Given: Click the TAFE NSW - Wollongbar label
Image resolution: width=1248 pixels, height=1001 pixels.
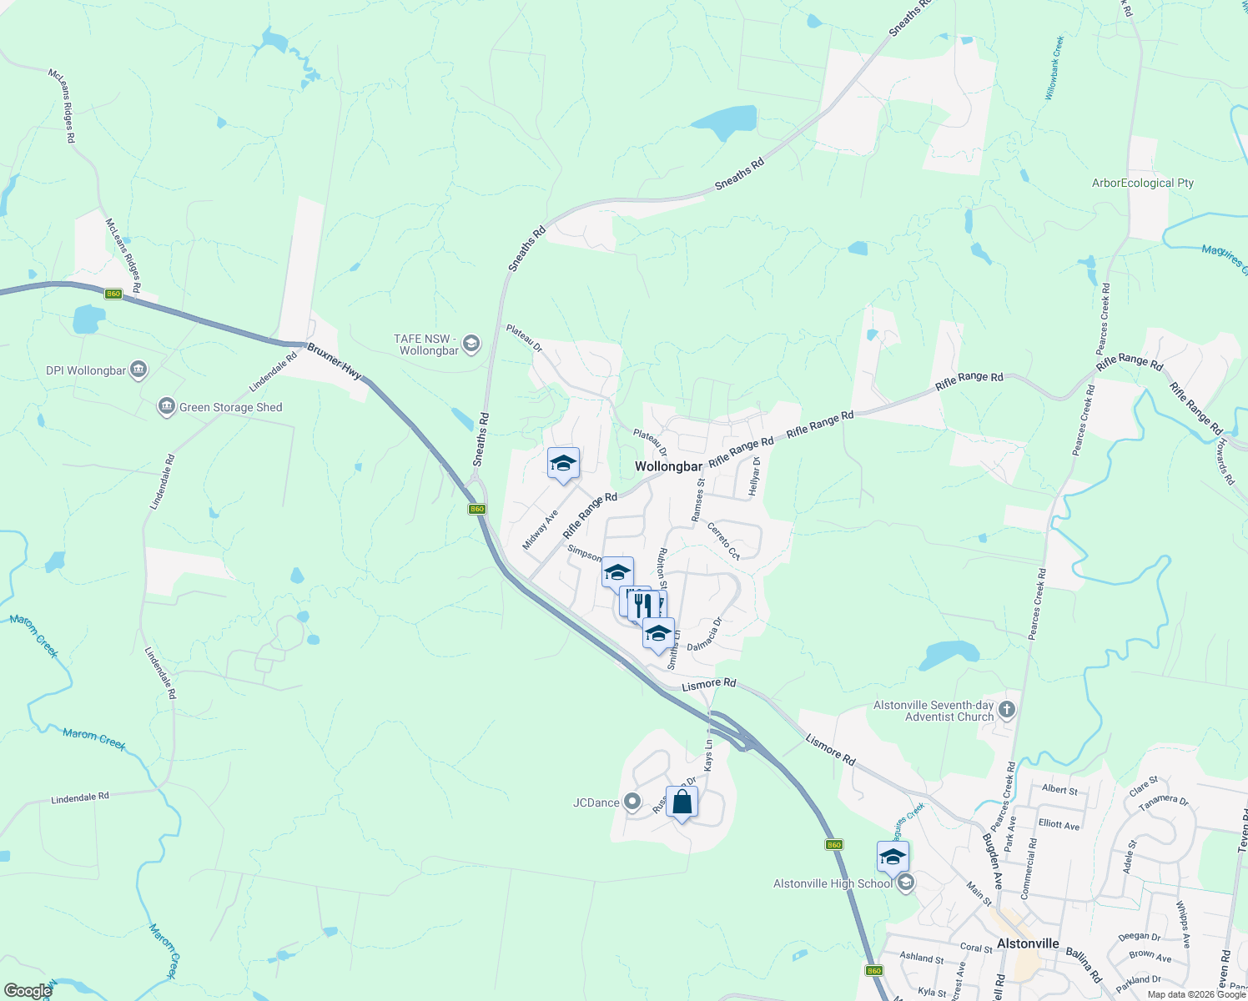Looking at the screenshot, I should pyautogui.click(x=427, y=345).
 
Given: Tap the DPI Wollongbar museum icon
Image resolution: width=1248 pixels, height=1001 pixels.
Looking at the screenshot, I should pyautogui.click(x=139, y=370).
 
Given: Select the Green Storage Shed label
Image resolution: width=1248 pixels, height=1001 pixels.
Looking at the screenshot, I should pyautogui.click(x=230, y=407).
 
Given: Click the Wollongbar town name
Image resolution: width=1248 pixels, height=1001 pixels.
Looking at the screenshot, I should pyautogui.click(x=668, y=466).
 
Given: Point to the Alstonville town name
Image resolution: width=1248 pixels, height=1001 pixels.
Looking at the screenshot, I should pyautogui.click(x=1028, y=943).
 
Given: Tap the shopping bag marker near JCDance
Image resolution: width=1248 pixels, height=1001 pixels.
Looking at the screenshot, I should pyautogui.click(x=682, y=802).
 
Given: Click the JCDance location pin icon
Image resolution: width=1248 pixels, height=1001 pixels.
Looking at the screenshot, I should pyautogui.click(x=632, y=802).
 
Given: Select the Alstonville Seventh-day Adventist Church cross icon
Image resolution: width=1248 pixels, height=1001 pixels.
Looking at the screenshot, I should pyautogui.click(x=1007, y=710).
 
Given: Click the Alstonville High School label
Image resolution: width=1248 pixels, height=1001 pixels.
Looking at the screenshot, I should pyautogui.click(x=833, y=883).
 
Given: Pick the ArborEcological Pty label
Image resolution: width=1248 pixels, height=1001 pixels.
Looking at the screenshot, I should pyautogui.click(x=1143, y=183).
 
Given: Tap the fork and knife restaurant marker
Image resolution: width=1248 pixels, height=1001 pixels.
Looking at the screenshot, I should pyautogui.click(x=642, y=604).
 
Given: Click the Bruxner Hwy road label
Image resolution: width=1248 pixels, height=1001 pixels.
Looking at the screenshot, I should pyautogui.click(x=334, y=361).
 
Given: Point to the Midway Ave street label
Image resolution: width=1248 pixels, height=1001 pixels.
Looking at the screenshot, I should pyautogui.click(x=540, y=531).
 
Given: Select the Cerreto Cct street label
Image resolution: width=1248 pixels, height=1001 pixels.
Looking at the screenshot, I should pyautogui.click(x=723, y=540).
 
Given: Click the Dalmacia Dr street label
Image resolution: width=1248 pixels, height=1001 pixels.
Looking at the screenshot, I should pyautogui.click(x=704, y=633).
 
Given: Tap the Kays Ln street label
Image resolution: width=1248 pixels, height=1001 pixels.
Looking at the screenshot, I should pyautogui.click(x=708, y=754).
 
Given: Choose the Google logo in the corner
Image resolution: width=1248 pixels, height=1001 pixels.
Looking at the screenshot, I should pyautogui.click(x=28, y=991).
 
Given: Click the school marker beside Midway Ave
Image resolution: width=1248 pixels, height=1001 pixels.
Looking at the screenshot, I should pyautogui.click(x=563, y=464).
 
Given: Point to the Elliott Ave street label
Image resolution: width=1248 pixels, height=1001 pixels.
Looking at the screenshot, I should pyautogui.click(x=1059, y=824).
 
